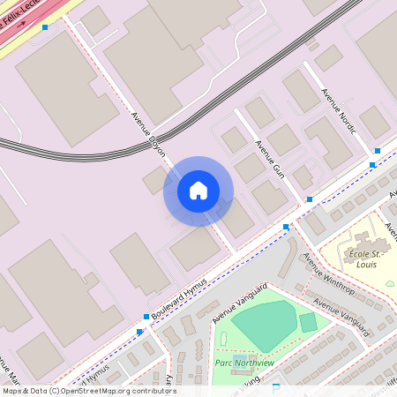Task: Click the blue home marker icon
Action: [x=198, y=191]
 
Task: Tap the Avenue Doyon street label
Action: [x=148, y=134]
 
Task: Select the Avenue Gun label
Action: [x=268, y=157]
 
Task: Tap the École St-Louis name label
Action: [x=367, y=255]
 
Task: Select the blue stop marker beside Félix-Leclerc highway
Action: [x=45, y=27]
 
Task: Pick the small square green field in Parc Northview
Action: [x=308, y=322]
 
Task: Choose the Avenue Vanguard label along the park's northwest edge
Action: [x=239, y=301]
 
